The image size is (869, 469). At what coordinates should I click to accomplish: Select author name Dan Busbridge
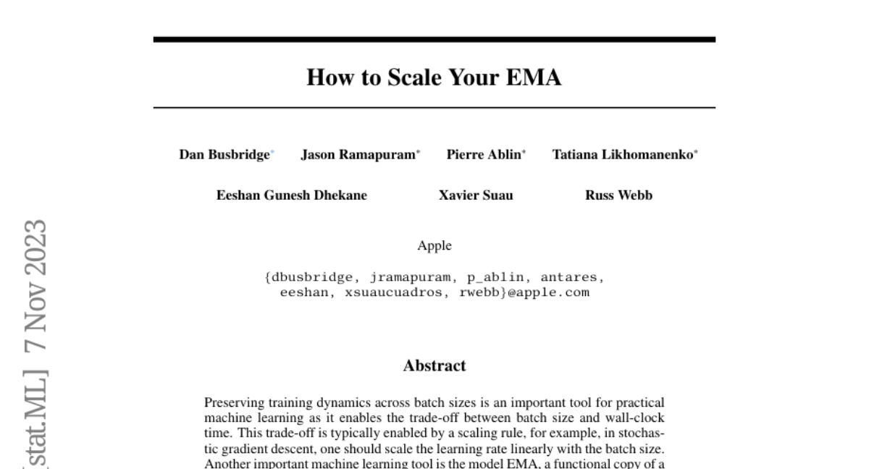click(x=224, y=154)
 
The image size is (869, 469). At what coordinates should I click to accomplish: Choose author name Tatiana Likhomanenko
click(x=622, y=154)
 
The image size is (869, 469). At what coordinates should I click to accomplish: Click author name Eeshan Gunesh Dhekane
click(x=292, y=195)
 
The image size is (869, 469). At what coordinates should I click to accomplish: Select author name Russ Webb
click(x=618, y=195)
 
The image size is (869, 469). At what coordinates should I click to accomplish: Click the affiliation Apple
click(x=434, y=246)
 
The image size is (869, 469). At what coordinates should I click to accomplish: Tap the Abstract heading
click(x=434, y=366)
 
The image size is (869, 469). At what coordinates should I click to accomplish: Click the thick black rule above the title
click(x=434, y=39)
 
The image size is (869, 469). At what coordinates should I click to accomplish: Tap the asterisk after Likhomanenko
click(x=696, y=152)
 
